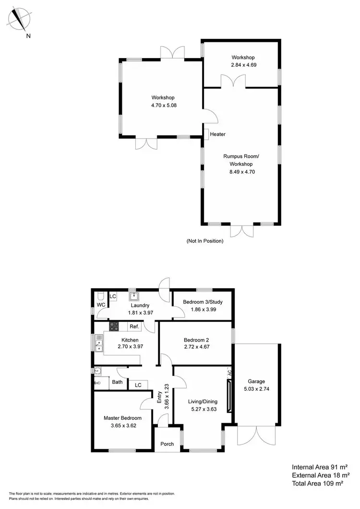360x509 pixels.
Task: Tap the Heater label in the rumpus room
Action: [x=217, y=134]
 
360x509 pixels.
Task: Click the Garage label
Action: [x=256, y=381]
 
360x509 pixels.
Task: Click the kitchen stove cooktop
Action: [x=114, y=327]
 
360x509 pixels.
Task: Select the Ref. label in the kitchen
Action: [x=134, y=327]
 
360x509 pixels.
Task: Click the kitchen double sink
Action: [x=99, y=343]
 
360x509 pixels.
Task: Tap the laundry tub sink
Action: [x=134, y=295]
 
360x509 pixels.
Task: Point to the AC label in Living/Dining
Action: [x=229, y=372]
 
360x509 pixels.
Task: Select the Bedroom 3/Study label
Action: [x=202, y=302]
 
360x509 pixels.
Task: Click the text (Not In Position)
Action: [x=205, y=241]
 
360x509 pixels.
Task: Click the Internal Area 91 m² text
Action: [x=319, y=466]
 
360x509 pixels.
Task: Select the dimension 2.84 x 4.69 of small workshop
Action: [x=241, y=64]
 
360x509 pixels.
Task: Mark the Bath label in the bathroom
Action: [x=117, y=382]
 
